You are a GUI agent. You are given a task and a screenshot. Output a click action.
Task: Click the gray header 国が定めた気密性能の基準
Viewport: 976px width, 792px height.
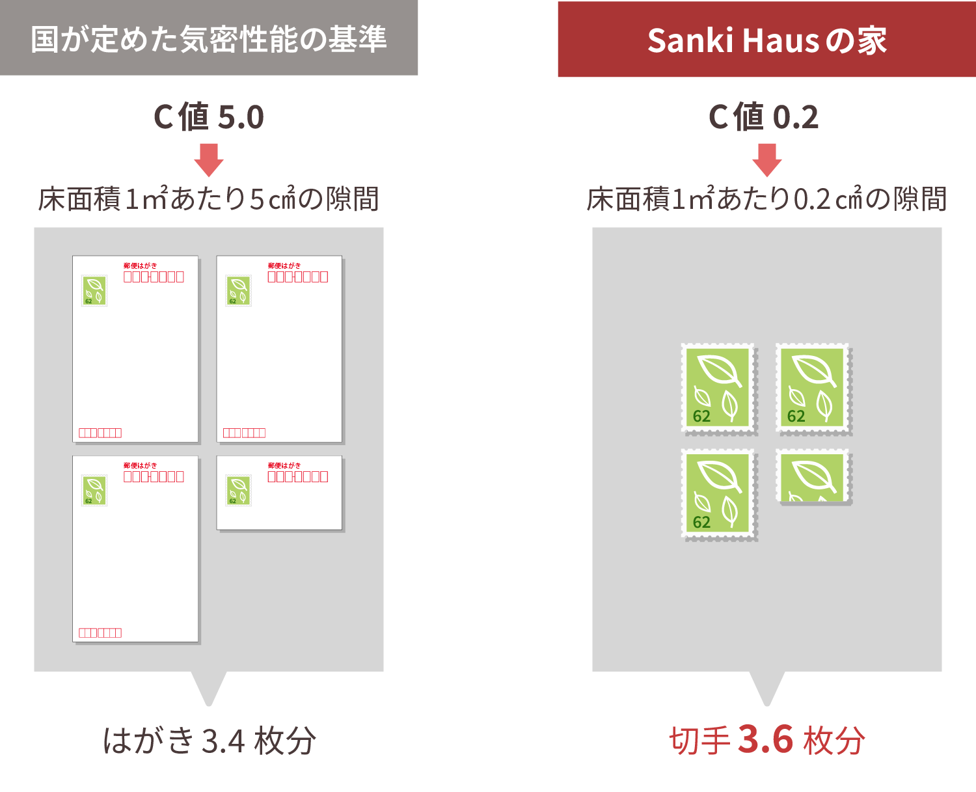(x=208, y=38)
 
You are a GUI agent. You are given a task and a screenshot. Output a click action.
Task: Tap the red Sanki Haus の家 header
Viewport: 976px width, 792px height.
(x=766, y=39)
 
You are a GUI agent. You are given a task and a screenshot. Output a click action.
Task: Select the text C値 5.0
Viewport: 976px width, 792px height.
(x=209, y=117)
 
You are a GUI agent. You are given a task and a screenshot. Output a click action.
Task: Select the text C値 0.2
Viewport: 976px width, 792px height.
(x=764, y=117)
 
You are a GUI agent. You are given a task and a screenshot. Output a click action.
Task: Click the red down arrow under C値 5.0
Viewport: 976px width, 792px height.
(x=209, y=160)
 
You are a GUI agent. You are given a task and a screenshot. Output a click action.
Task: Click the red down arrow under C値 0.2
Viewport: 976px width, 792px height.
(x=767, y=160)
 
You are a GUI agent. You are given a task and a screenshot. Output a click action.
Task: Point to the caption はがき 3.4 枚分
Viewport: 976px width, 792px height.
(x=210, y=741)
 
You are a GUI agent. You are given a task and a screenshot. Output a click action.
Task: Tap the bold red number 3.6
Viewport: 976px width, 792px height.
(x=765, y=739)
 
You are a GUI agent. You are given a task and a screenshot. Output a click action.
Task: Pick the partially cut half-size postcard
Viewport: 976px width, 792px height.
(x=280, y=493)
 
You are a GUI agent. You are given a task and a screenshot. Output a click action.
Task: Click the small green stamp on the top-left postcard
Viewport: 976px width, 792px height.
(x=94, y=291)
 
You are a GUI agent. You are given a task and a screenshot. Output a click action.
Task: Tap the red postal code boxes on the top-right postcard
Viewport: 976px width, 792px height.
(x=298, y=277)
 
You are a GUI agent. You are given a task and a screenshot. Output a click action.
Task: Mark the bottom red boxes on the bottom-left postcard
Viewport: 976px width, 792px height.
(x=100, y=633)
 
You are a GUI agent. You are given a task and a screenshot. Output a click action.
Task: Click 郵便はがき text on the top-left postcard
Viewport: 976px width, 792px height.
(x=140, y=266)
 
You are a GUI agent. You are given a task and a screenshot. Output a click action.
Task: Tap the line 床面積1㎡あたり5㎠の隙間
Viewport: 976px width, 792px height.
(x=208, y=199)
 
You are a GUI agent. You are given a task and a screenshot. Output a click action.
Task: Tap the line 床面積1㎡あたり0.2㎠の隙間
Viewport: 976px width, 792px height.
(x=766, y=199)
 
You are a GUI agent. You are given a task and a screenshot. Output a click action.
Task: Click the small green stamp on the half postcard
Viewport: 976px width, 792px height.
(x=239, y=491)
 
